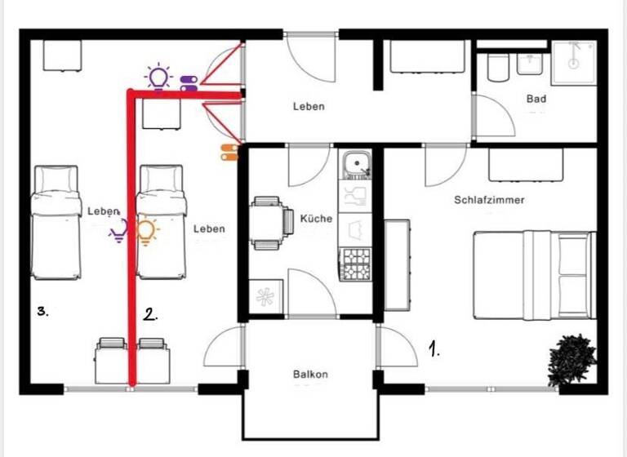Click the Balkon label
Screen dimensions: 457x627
[310, 375]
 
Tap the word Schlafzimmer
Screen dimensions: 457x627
[489, 200]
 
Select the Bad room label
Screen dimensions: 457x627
[536, 99]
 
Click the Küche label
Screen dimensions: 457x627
[316, 219]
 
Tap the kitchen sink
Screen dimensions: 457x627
[355, 166]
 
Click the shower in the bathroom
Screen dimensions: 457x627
[576, 62]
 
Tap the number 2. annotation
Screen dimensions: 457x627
[149, 313]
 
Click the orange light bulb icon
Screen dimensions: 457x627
[145, 232]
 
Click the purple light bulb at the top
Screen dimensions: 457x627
[158, 77]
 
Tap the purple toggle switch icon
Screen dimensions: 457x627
[189, 81]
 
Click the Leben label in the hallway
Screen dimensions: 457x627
[309, 106]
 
